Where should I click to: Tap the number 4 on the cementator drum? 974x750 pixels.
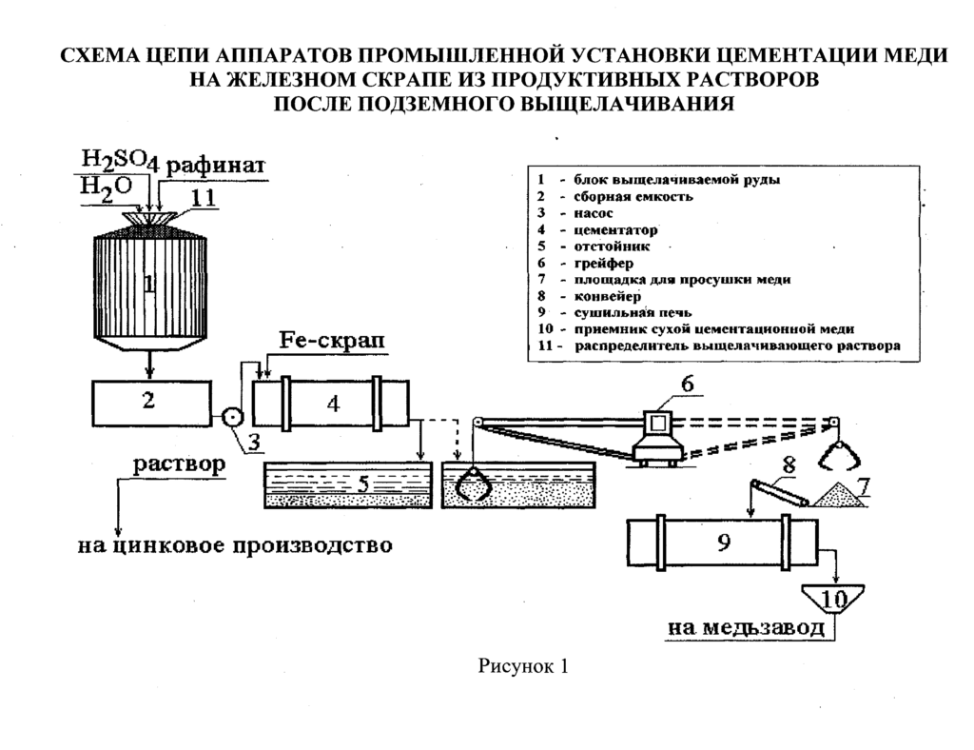332,405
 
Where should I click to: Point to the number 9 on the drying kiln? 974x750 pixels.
723,543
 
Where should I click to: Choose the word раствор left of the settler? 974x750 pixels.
178,465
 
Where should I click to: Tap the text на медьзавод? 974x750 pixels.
748,627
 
